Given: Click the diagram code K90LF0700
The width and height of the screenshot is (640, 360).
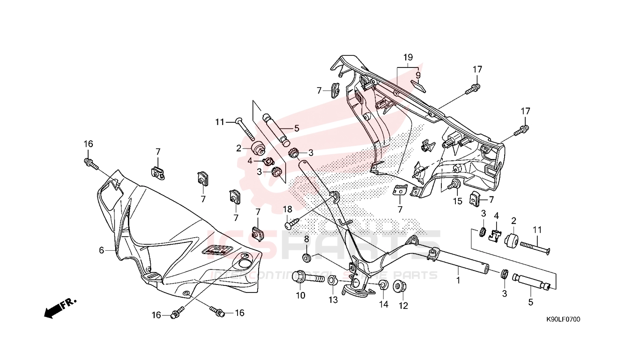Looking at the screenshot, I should click(x=563, y=320).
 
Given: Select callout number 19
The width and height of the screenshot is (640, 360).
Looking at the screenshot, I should click(x=408, y=58).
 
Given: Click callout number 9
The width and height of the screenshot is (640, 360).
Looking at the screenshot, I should click(x=418, y=75).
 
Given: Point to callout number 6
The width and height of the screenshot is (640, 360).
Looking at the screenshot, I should click(x=101, y=251).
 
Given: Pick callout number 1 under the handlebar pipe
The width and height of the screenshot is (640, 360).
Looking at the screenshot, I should click(x=458, y=280).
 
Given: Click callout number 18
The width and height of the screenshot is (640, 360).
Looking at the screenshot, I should click(x=287, y=209).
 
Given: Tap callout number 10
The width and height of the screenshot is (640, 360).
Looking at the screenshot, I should click(x=300, y=295).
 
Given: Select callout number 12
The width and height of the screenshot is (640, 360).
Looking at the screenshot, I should click(x=403, y=306).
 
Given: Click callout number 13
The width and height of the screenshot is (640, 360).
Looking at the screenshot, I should click(x=333, y=300).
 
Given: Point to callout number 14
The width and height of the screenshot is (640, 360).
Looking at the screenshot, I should click(x=384, y=304).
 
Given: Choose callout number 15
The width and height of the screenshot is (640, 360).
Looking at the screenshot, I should click(x=457, y=201).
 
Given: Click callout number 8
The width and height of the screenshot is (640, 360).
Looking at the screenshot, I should click(x=306, y=239).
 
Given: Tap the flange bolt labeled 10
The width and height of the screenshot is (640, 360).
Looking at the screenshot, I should click(x=307, y=277).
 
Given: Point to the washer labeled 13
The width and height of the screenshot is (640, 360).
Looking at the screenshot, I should click(x=331, y=281).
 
